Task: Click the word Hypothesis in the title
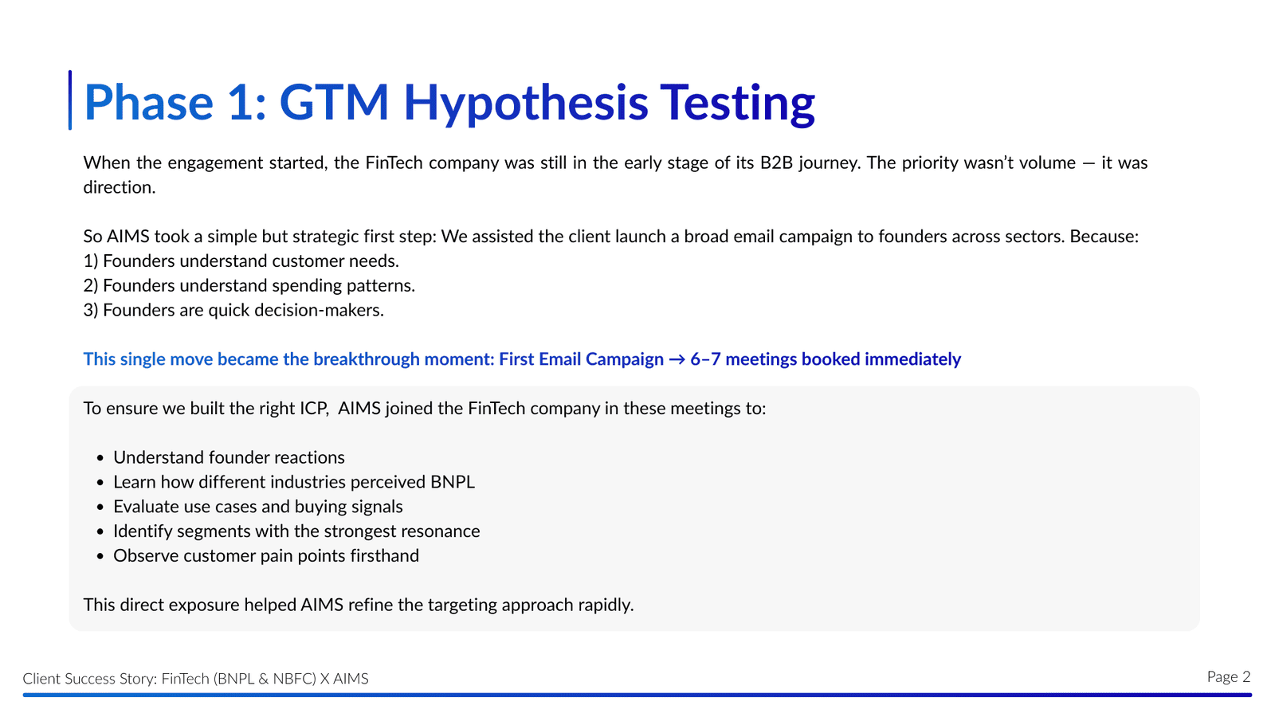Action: coord(526,104)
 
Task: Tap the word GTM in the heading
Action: coord(334,103)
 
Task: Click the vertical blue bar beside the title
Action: coord(70,100)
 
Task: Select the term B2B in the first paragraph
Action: coord(776,163)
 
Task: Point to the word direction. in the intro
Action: coord(120,187)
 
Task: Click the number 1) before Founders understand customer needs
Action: coord(91,261)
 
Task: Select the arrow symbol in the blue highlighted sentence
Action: coord(677,359)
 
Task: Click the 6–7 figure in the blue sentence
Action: coord(705,359)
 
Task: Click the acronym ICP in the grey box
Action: coord(314,409)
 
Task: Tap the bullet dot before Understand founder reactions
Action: coord(100,458)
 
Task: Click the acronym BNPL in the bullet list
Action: coord(452,482)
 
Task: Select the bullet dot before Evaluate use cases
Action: coord(100,507)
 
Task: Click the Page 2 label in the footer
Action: coord(1228,676)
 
